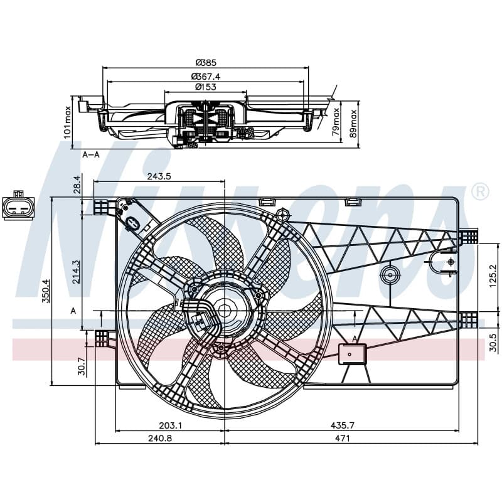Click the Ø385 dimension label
(206, 62)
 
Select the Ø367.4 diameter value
(206, 77)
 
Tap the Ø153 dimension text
(206, 87)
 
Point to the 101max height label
(67, 122)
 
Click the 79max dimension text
(336, 121)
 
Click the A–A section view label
(91, 154)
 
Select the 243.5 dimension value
(159, 176)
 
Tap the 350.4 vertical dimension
(46, 291)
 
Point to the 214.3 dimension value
(76, 272)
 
